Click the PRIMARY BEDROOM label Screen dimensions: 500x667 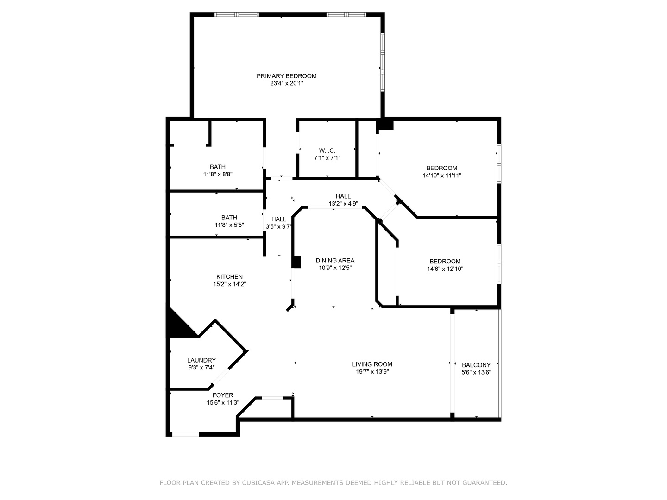pos(286,76)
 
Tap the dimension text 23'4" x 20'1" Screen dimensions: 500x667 pos(286,84)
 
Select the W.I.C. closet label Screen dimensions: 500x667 pos(327,150)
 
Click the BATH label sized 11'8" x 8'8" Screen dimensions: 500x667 pos(217,167)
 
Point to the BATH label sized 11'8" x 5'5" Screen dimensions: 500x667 pos(229,218)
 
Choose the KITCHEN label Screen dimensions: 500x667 pos(229,277)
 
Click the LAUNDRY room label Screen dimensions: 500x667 pos(201,360)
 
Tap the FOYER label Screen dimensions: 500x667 pos(223,395)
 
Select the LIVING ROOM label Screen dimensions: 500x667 pos(372,364)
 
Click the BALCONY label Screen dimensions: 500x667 pos(476,365)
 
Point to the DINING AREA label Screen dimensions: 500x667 pos(335,261)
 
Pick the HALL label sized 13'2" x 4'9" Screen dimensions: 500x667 pos(343,196)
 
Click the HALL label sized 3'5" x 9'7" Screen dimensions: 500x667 pos(279,219)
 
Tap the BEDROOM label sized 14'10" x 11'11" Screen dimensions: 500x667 pos(441,168)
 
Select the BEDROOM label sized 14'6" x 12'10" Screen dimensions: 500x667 pos(445,262)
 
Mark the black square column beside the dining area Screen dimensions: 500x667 pos(296,262)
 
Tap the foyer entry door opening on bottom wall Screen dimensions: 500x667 pos(185,434)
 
